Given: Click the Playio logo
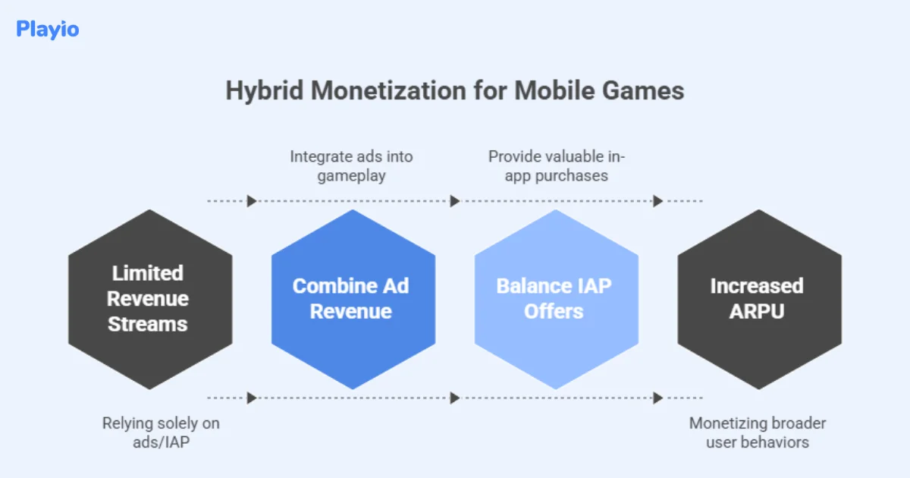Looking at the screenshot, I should point(47,30).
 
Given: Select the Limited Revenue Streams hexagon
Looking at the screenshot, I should point(149,299).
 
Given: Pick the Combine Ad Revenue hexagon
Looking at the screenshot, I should point(353,299).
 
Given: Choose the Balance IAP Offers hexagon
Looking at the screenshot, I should point(555,299).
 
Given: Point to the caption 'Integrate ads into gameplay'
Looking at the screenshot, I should point(352,167).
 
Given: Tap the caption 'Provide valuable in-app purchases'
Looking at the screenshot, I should point(555,167).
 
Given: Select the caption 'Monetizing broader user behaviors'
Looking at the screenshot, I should point(757,432).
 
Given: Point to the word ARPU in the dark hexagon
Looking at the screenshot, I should point(756,311).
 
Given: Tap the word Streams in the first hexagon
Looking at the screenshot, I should point(147,324).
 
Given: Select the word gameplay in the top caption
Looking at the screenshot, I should point(352,176).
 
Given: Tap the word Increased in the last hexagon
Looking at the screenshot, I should point(756,286).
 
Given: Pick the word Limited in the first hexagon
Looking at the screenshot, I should point(147,273).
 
